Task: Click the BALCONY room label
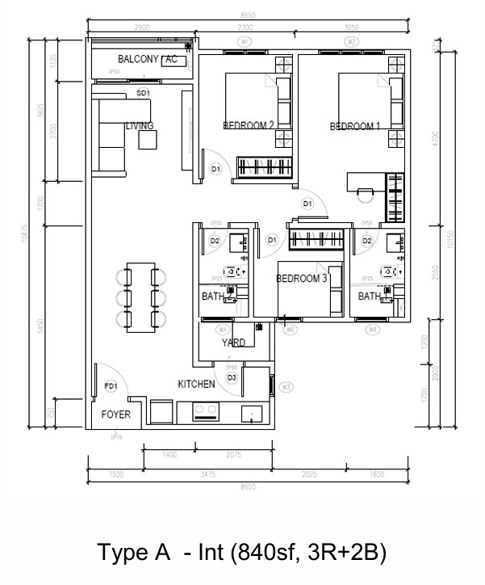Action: (x=138, y=60)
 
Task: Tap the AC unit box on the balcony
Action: (x=174, y=61)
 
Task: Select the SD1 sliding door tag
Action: (x=144, y=93)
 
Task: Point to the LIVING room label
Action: (x=139, y=126)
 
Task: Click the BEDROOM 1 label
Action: (x=355, y=127)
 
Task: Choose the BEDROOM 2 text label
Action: (x=249, y=125)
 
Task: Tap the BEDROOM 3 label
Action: (x=301, y=279)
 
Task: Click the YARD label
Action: (x=233, y=343)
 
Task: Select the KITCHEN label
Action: (x=196, y=384)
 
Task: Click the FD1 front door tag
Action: (x=111, y=387)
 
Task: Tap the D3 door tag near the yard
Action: (x=232, y=377)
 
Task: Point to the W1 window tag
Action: (x=245, y=40)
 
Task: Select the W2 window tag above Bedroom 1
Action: (x=351, y=40)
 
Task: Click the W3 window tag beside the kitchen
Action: (x=286, y=387)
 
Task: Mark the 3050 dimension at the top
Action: (x=351, y=27)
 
